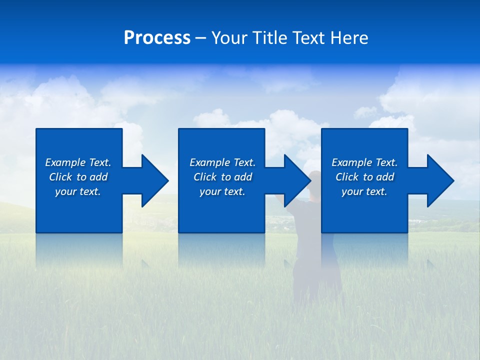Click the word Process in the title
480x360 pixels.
157,38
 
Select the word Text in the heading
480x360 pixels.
308,38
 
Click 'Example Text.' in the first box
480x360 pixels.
78,162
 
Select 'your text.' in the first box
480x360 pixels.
78,191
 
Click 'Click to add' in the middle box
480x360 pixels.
222,177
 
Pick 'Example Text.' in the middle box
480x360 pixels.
222,162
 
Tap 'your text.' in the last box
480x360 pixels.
364,191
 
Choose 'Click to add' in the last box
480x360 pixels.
364,177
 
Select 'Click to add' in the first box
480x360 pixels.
78,177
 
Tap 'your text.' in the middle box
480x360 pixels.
222,191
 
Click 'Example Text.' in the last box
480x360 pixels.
364,162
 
